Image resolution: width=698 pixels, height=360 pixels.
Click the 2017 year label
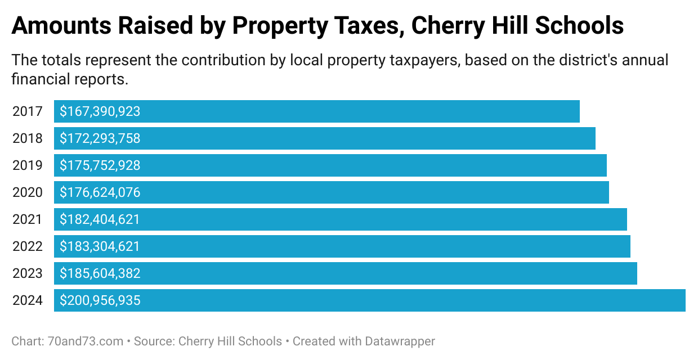pyautogui.click(x=28, y=111)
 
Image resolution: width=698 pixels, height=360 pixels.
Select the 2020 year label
pyautogui.click(x=28, y=192)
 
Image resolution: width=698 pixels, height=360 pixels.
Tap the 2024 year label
pyautogui.click(x=28, y=300)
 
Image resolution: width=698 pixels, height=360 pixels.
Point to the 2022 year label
pyautogui.click(x=28, y=246)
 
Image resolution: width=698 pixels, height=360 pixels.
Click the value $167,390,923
pyautogui.click(x=100, y=111)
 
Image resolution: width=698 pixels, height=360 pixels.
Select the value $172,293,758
pyautogui.click(x=100, y=138)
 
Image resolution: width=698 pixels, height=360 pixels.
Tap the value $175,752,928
pyautogui.click(x=100, y=165)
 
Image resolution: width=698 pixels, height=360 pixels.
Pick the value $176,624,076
pyautogui.click(x=100, y=192)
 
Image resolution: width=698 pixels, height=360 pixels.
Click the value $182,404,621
pyautogui.click(x=100, y=219)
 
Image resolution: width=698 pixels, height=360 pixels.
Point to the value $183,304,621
pyautogui.click(x=100, y=246)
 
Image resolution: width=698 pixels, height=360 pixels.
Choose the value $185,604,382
pyautogui.click(x=100, y=273)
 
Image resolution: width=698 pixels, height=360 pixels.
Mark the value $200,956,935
pyautogui.click(x=100, y=300)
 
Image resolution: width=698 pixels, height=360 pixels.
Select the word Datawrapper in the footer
pyautogui.click(x=400, y=341)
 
